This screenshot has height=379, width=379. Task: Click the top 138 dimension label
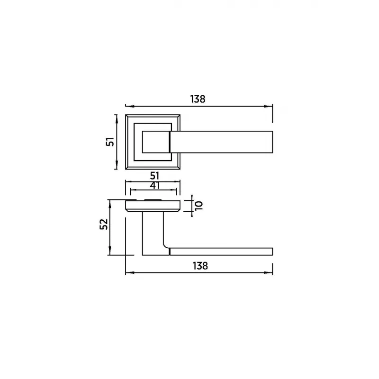pyautogui.click(x=198, y=99)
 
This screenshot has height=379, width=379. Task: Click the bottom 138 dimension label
pyautogui.click(x=200, y=266)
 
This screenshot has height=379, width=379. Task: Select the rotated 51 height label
pyautogui.click(x=110, y=142)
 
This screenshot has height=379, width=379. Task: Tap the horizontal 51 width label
pyautogui.click(x=155, y=176)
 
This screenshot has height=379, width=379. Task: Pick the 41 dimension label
pyautogui.click(x=155, y=186)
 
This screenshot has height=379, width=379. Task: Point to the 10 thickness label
pyautogui.click(x=199, y=206)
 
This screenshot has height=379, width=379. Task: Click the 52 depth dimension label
pyautogui.click(x=104, y=224)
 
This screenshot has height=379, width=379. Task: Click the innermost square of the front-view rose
pyautogui.click(x=156, y=142)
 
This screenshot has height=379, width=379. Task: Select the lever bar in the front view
pyautogui.click(x=221, y=142)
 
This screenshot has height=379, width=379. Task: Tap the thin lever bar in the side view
pyautogui.click(x=221, y=252)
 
